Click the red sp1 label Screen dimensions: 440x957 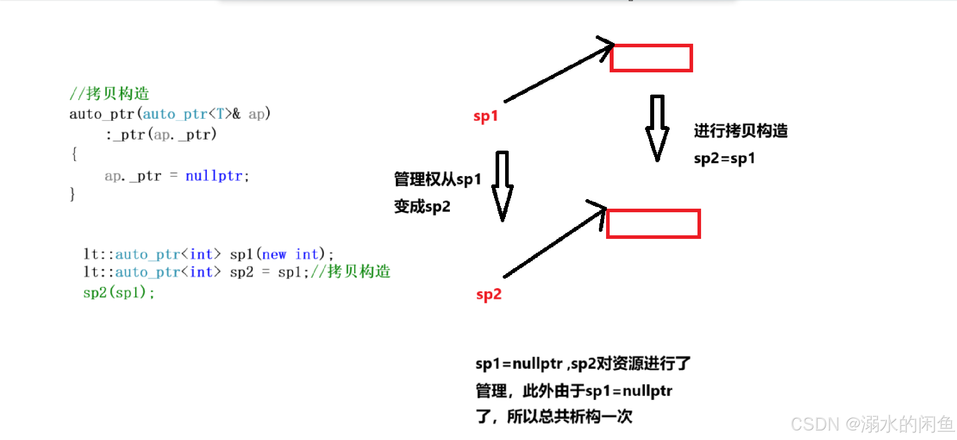tap(485, 116)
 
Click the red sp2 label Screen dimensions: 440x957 tap(489, 295)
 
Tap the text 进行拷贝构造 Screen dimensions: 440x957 tap(741, 131)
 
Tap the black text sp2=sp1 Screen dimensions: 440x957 tap(724, 159)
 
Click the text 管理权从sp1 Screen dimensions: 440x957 tap(437, 179)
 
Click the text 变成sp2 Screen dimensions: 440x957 tap(422, 207)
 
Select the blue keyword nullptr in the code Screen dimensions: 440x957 tap(214, 176)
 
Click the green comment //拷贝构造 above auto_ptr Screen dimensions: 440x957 tap(109, 94)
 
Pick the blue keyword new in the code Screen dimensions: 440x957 tap(274, 254)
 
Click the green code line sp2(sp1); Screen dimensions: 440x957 tap(118, 293)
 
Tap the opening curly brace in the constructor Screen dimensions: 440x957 tap(74, 154)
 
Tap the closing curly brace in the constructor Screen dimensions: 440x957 tap(72, 194)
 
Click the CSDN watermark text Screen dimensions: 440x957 tap(872, 424)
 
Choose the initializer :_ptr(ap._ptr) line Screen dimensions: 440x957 tap(161, 135)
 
